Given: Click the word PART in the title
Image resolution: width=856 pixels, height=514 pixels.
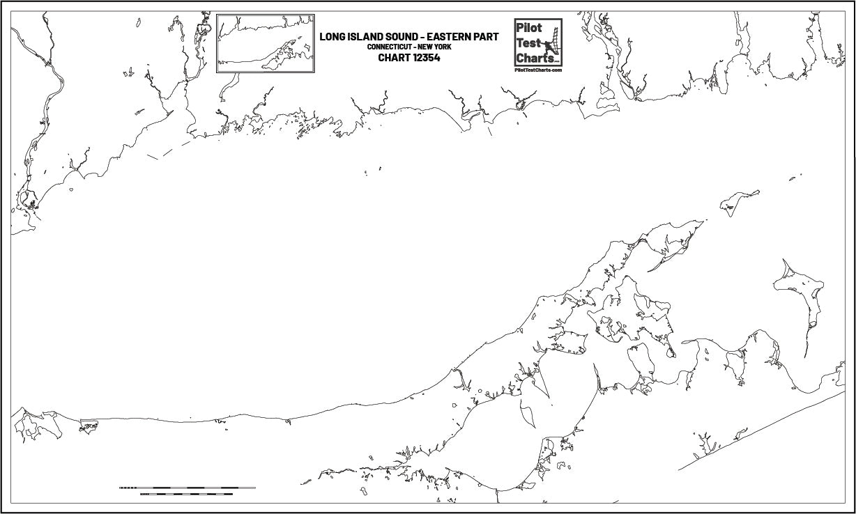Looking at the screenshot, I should point(487,37).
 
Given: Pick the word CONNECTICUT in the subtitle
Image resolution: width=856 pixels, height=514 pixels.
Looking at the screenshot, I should point(390,47).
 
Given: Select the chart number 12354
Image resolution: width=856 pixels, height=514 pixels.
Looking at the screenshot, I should point(427,58).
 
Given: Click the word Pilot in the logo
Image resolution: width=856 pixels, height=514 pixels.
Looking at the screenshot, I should point(528,29).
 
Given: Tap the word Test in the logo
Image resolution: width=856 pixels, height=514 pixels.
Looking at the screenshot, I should point(528,42).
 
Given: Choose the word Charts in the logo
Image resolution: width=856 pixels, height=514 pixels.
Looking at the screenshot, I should point(532,57).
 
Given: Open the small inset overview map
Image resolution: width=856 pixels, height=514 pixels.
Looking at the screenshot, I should point(266,43).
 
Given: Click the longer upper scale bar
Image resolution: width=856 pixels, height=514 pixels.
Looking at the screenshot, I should point(187,488).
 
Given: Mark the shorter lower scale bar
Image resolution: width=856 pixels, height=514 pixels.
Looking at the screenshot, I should point(186,494).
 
